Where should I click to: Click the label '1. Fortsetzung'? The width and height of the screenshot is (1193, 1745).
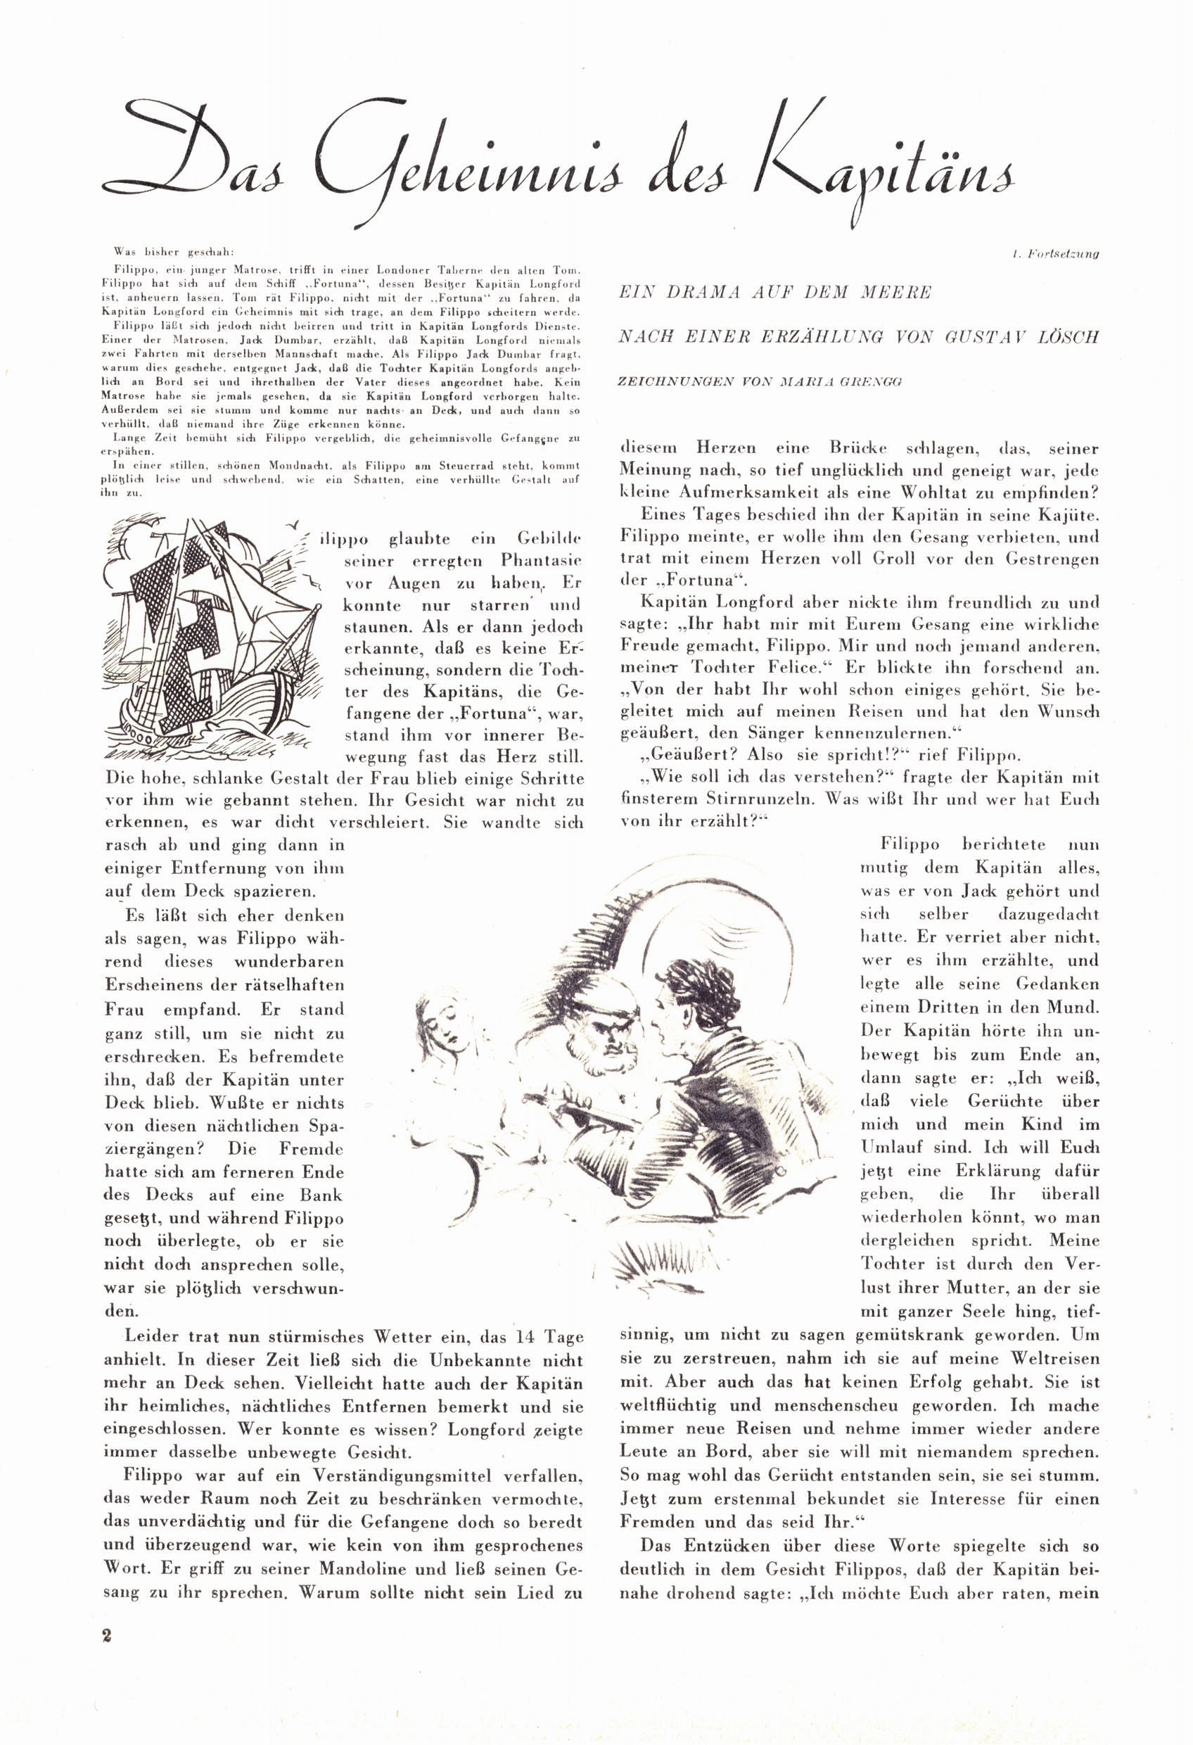(1055, 255)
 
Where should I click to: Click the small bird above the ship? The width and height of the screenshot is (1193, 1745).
(299, 523)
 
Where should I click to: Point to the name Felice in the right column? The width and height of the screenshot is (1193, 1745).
(799, 668)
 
